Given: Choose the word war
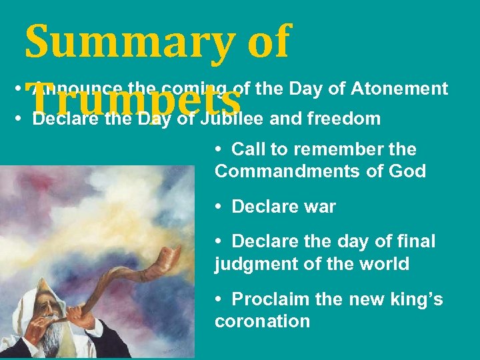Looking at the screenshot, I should click(x=320, y=207).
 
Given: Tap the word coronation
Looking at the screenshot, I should click(x=262, y=321).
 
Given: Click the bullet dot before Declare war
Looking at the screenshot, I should click(x=219, y=207).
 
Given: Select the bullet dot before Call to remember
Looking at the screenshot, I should click(x=219, y=149).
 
